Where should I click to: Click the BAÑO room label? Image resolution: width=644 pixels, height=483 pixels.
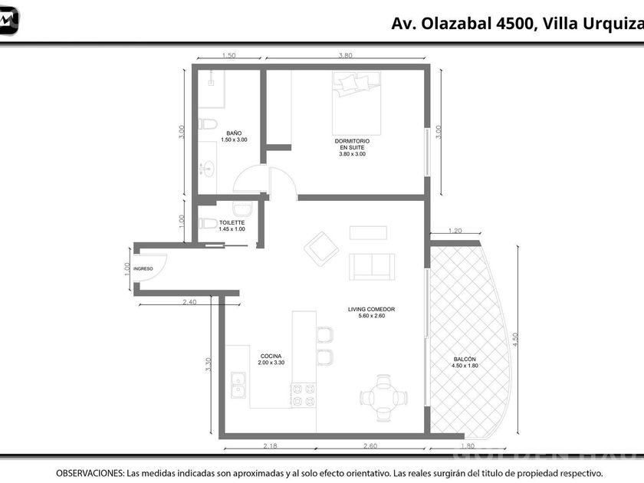point(234,133)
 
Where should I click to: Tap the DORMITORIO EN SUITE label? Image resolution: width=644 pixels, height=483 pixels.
point(352,144)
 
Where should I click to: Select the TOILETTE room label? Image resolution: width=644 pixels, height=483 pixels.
point(232,222)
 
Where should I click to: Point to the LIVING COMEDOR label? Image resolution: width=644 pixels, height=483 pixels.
point(371,309)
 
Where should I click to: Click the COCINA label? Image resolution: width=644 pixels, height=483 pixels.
point(271,356)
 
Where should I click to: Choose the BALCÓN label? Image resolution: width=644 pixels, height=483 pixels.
point(465,359)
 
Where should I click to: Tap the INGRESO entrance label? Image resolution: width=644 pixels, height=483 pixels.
point(143,268)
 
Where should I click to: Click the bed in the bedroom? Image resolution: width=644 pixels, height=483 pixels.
point(356,103)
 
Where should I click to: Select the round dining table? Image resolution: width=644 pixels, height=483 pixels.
point(383,398)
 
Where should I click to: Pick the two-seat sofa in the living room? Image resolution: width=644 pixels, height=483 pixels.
point(372,267)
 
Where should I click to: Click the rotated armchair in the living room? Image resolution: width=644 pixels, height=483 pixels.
point(321,249)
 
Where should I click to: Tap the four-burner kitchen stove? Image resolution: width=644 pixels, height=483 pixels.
point(304,395)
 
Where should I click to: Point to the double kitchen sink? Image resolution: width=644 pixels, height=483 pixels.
point(238,385)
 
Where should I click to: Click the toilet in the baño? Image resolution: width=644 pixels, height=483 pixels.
point(208,123)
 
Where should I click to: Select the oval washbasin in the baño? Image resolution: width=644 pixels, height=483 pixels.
point(208,169)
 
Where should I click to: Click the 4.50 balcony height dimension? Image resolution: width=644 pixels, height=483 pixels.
point(515,339)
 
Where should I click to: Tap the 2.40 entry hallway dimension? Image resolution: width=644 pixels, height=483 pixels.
point(189,302)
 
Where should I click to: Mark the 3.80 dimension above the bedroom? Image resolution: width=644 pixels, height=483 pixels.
point(345,55)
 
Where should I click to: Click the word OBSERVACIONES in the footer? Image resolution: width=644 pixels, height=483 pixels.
point(90,473)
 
